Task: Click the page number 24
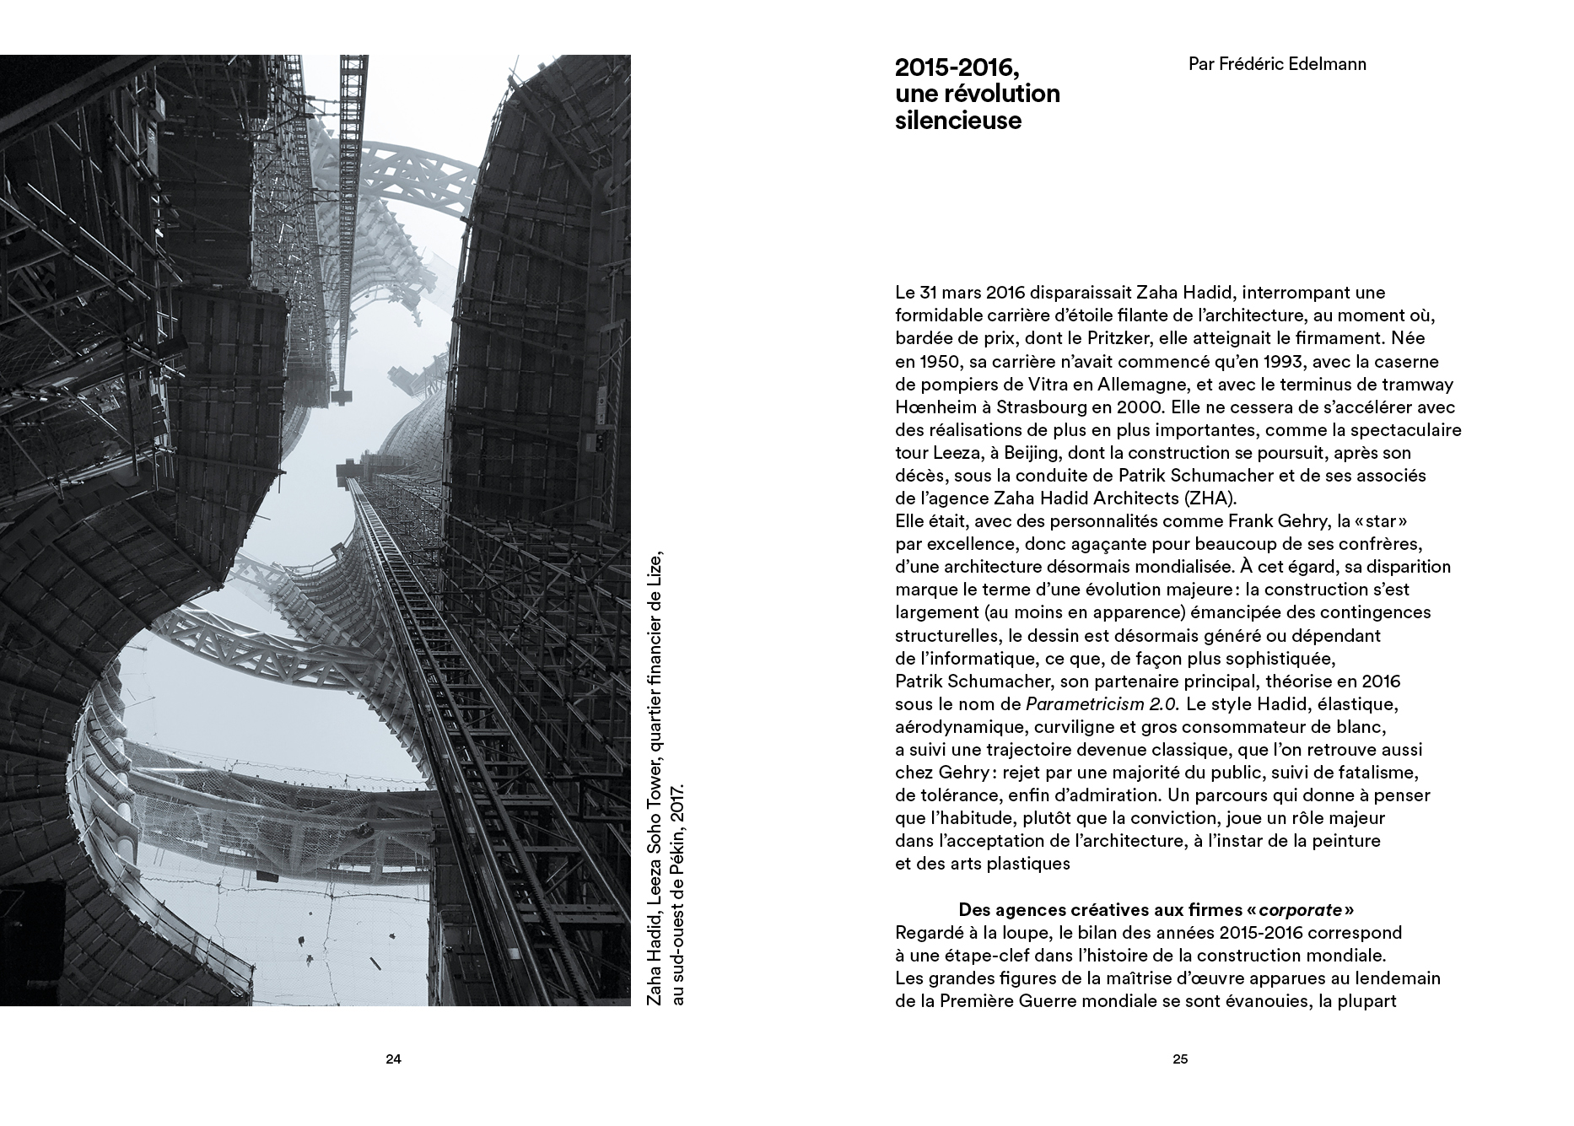(x=392, y=1060)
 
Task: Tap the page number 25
(x=1180, y=1060)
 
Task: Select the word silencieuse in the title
(x=957, y=121)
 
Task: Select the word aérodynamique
(x=951, y=726)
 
